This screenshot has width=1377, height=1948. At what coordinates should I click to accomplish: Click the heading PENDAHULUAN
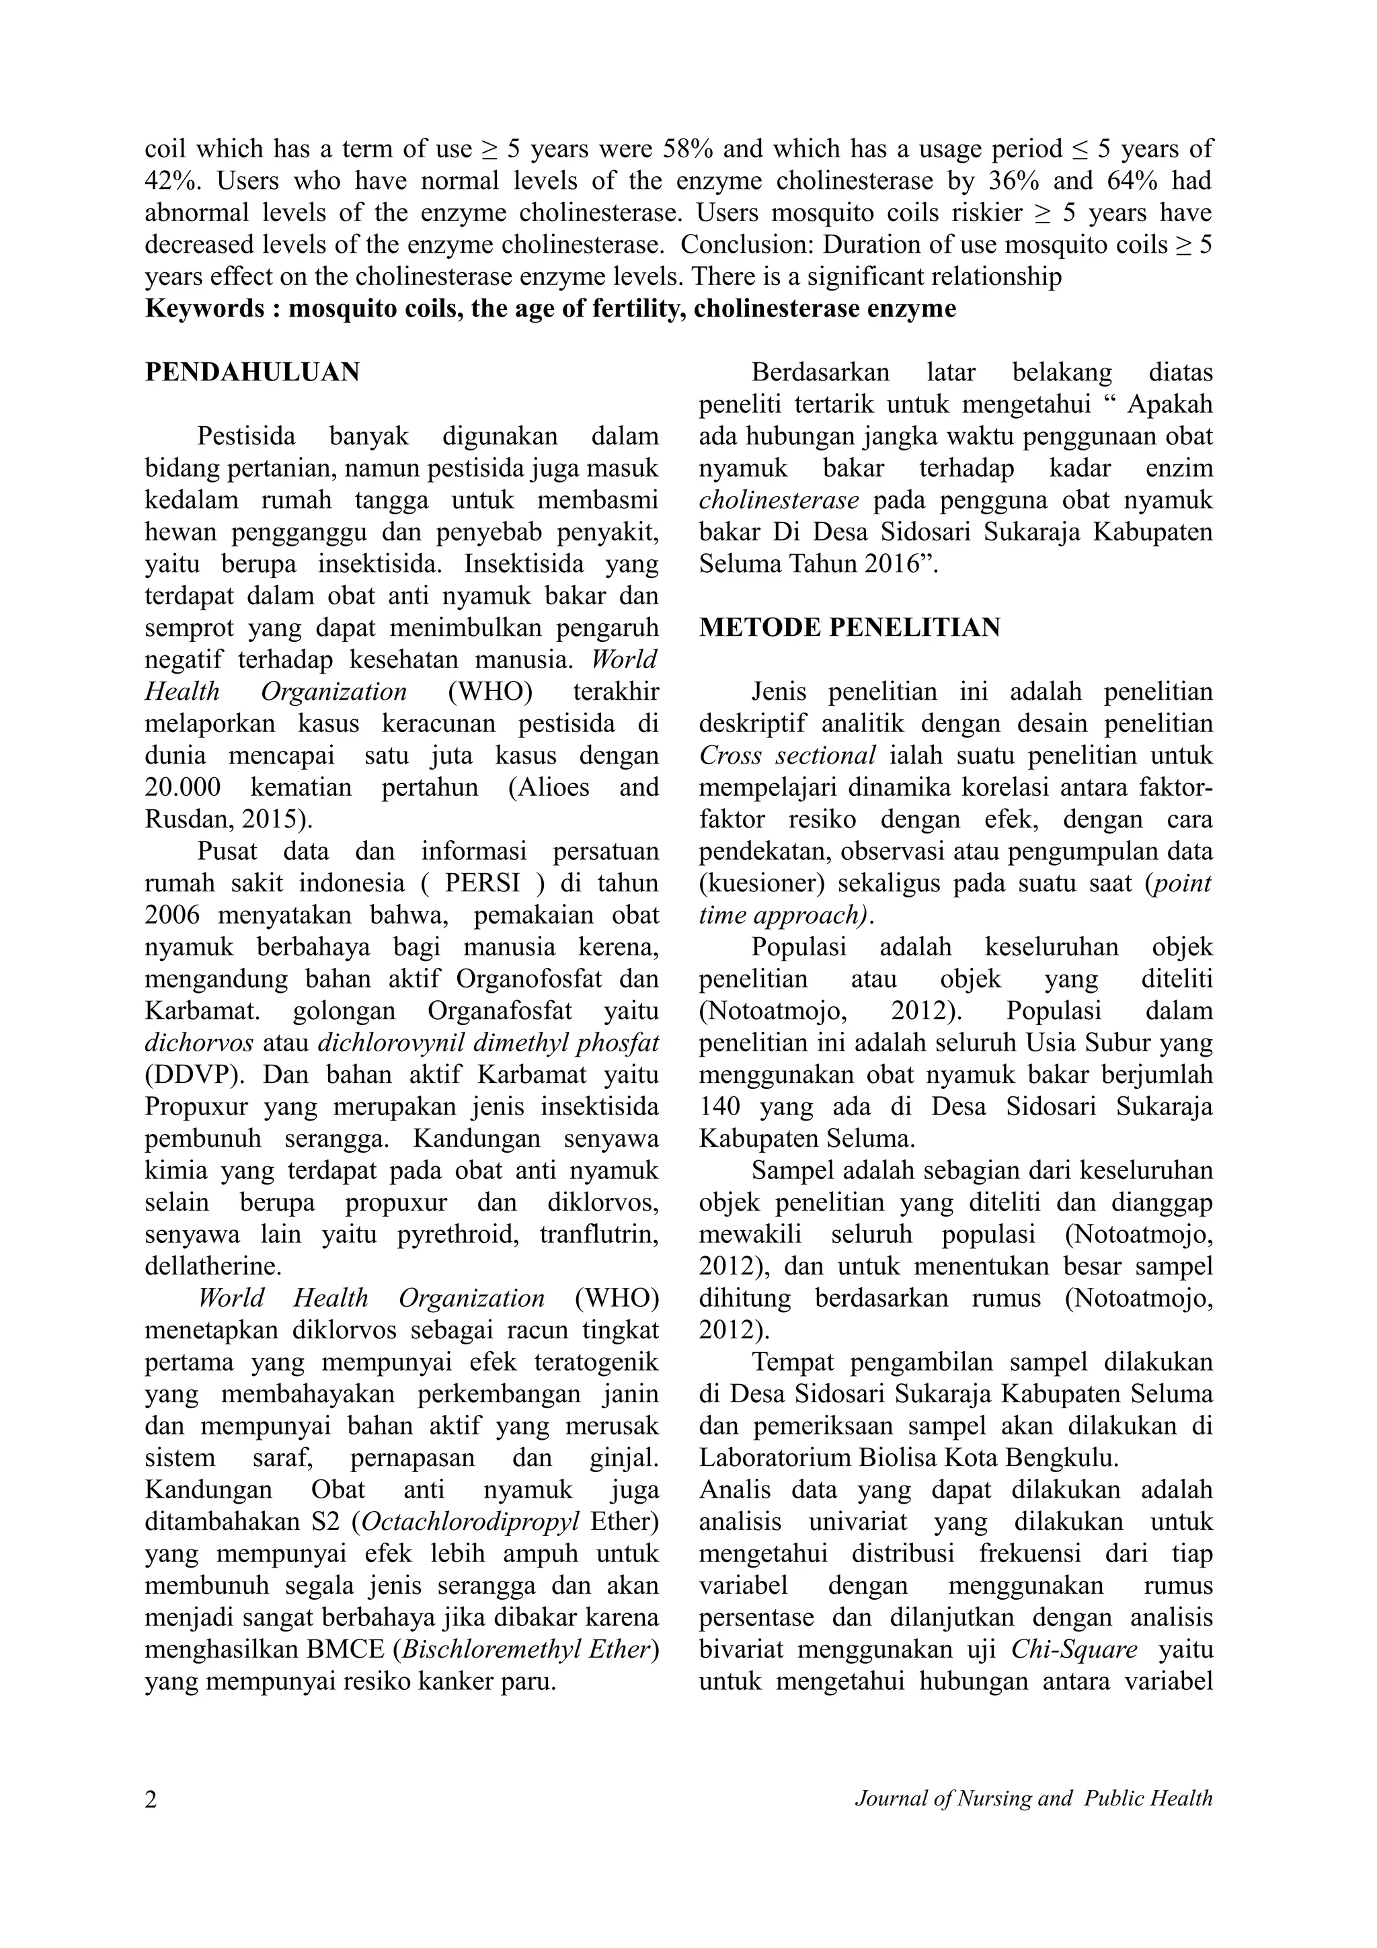[253, 372]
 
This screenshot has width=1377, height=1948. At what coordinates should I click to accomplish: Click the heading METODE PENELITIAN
[849, 628]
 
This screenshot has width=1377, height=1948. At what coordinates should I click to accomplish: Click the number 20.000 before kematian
[182, 787]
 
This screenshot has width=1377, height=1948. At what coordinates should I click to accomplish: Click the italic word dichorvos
[198, 1043]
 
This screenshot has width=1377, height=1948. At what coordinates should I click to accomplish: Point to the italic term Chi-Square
[1074, 1650]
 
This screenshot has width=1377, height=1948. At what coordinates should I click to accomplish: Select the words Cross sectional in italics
[787, 756]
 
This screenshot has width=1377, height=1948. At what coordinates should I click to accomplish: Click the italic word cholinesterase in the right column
[778, 501]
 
